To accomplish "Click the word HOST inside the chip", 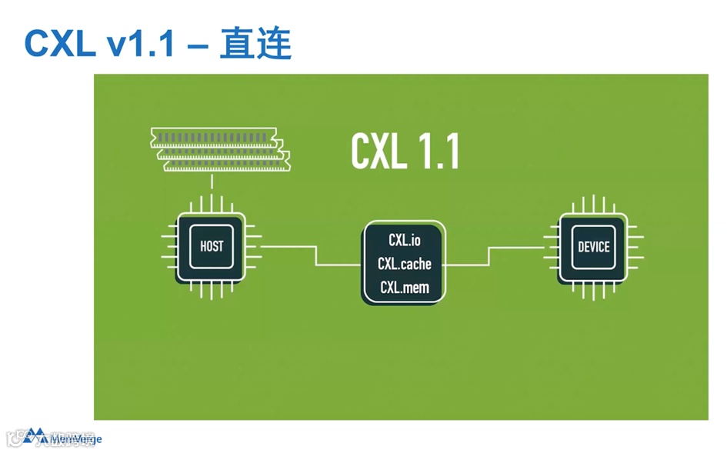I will point(212,247).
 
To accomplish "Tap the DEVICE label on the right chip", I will point(593,247).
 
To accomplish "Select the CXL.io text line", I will point(404,241).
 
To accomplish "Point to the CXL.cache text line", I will point(404,264).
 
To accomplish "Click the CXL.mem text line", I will point(404,288).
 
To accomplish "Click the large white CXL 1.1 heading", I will point(405,152).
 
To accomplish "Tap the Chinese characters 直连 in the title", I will point(255,44).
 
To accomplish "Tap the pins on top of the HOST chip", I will point(212,204).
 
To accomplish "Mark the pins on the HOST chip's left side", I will point(168,247).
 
